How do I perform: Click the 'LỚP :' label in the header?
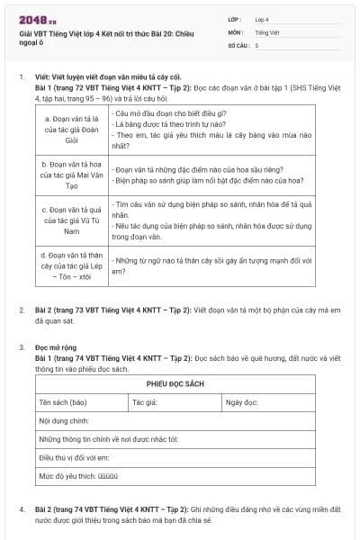236,19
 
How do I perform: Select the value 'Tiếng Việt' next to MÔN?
267,31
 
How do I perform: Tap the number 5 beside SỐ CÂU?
256,44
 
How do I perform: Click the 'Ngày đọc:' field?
243,402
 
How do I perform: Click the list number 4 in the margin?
22,510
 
